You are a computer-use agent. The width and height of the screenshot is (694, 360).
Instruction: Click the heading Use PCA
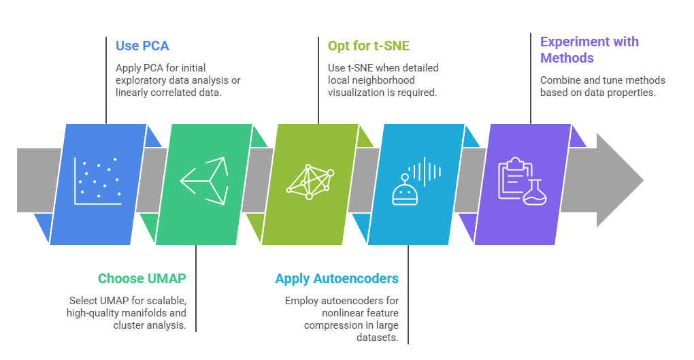tap(142, 46)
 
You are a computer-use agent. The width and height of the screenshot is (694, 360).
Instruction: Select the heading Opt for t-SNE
tap(369, 46)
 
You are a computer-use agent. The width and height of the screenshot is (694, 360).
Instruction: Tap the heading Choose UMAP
tap(142, 278)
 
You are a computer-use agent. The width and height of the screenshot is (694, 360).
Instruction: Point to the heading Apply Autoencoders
tap(337, 279)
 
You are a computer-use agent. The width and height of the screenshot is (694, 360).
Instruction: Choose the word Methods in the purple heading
tap(567, 58)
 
